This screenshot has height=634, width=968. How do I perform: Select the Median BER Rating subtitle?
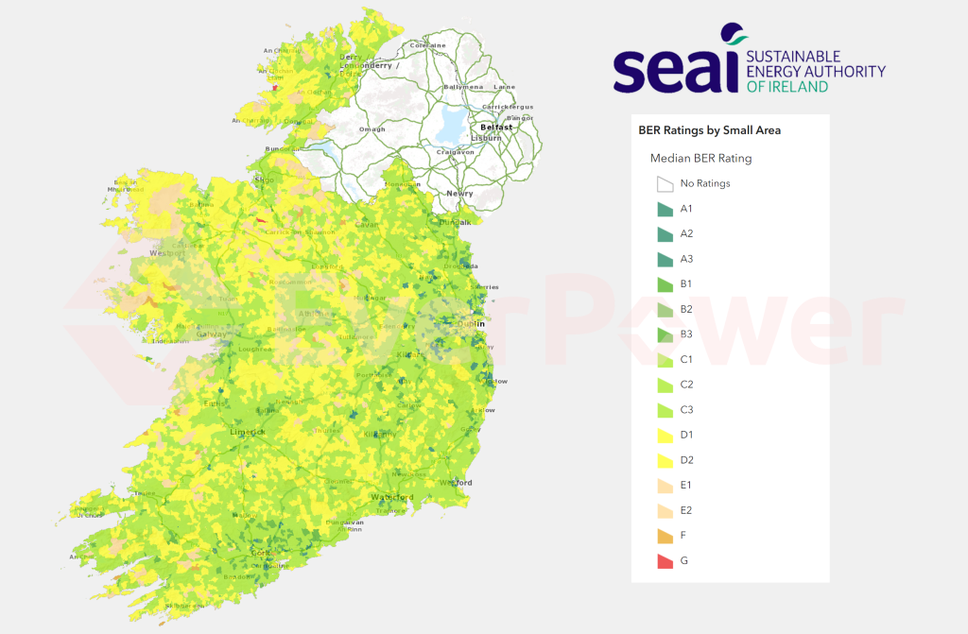(x=700, y=158)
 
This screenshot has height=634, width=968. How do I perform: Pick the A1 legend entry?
(x=686, y=208)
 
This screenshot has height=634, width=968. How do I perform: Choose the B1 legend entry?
(x=686, y=283)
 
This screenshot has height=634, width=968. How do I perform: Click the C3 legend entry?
(x=686, y=409)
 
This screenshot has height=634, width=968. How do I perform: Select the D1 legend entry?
(x=686, y=435)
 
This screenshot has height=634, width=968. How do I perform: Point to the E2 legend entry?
(x=686, y=510)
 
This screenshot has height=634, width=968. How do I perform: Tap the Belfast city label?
(x=496, y=127)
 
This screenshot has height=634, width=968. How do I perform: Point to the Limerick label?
(x=248, y=432)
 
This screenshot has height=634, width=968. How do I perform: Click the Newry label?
(x=459, y=194)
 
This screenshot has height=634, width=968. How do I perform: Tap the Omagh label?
(x=372, y=129)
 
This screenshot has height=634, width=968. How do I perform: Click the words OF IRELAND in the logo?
(x=786, y=86)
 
